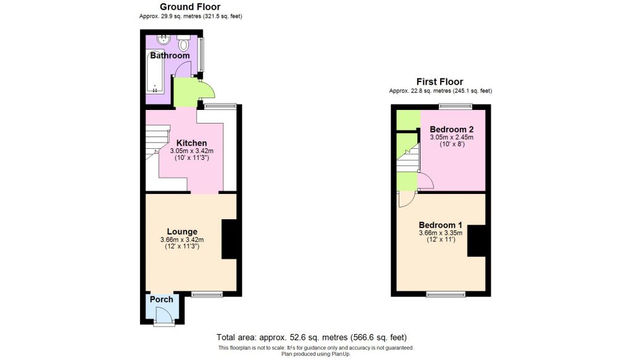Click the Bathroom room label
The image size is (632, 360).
click(x=170, y=56)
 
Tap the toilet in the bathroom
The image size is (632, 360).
click(x=184, y=44)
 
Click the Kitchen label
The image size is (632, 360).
click(x=191, y=143)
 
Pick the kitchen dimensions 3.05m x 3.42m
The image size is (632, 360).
click(x=191, y=151)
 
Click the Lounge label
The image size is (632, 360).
click(x=181, y=232)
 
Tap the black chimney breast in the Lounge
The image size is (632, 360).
click(x=228, y=239)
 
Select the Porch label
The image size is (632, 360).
click(x=162, y=299)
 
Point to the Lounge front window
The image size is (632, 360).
click(x=206, y=295)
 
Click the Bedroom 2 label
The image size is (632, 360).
click(x=452, y=129)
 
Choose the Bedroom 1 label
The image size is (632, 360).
click(x=440, y=224)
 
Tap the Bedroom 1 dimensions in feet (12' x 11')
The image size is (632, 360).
click(x=440, y=240)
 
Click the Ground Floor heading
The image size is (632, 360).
click(x=190, y=7)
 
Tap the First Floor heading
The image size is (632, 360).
click(x=439, y=82)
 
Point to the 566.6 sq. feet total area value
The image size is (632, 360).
click(x=379, y=337)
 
